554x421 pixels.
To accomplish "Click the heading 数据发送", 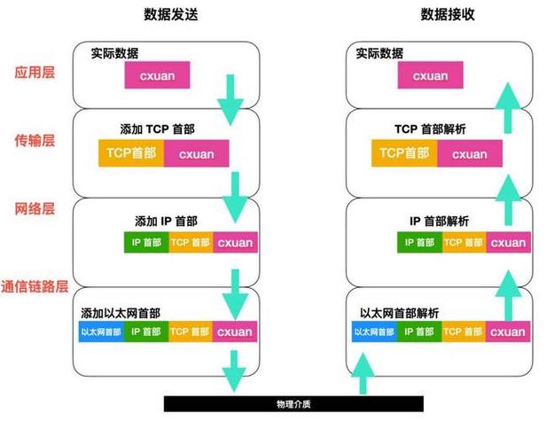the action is pos(171,14).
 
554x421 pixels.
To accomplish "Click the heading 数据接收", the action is pos(448,14).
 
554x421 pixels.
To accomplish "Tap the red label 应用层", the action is pos(35,72).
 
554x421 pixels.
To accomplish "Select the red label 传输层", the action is pos(35,141).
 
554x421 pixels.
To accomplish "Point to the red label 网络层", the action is pos(35,209).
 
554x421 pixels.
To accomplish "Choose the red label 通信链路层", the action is pos(35,287).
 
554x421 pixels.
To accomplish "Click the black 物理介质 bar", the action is pos(293,404).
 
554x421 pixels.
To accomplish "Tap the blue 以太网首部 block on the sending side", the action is pos(101,331).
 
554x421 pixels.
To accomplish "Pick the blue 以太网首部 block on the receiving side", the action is pos(375,331).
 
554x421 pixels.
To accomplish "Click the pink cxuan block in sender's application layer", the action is pos(157,75).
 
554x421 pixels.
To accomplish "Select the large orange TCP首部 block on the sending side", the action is pos(131,153).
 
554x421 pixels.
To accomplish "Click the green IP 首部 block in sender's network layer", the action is pos(146,242).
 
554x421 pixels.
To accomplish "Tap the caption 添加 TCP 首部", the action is pos(157,129).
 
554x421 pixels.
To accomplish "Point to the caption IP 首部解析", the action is pos(439,222).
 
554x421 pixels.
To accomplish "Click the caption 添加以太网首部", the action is pos(121,313).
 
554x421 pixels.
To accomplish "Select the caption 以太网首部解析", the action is pos(399,313).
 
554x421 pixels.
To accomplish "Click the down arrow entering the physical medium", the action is pos(234,370).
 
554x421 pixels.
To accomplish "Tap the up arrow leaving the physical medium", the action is pos(363,373).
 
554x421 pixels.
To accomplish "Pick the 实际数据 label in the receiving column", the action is pos(379,53).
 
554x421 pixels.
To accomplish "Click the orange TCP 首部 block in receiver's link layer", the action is pos(464,331).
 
